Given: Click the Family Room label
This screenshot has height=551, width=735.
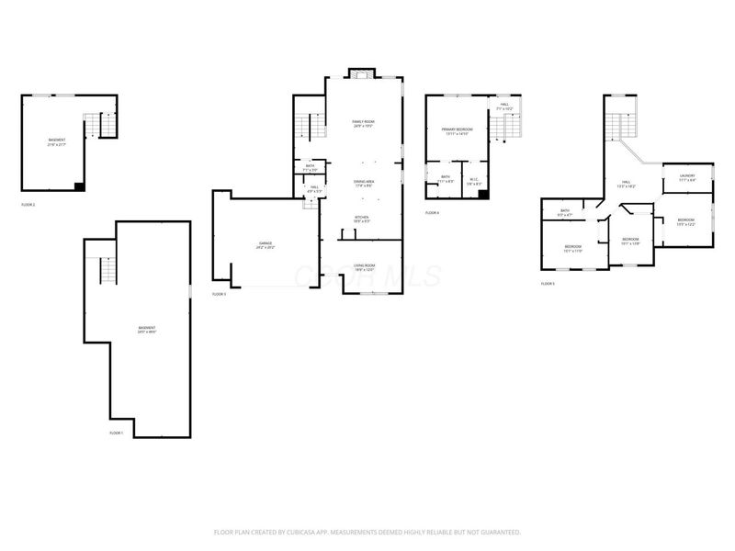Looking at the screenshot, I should point(364,123).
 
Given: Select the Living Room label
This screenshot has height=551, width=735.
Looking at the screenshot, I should point(364,267).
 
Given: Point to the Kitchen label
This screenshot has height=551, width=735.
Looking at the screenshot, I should point(363,219).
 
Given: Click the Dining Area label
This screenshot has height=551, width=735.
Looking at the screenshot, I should point(364,183).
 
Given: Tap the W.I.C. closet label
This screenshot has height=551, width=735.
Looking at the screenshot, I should point(474,179).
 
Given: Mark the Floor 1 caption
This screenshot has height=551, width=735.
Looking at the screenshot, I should point(117,433).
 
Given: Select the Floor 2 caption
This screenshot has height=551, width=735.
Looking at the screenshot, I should point(28,204).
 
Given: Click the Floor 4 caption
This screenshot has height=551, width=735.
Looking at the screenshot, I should point(432,212).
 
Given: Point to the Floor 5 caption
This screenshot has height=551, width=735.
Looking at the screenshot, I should point(548,284).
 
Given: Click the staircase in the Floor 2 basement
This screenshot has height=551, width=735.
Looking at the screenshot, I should point(102,125).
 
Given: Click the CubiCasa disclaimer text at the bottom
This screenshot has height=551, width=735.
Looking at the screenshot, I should point(367,532).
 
